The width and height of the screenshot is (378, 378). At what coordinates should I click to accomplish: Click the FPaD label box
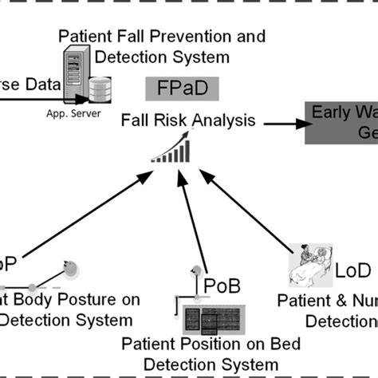point(180,86)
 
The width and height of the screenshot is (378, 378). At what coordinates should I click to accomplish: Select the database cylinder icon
point(99,91)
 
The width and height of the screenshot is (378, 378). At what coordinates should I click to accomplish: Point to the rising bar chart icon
point(173,149)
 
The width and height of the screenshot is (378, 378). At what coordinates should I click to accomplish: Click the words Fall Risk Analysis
point(188,121)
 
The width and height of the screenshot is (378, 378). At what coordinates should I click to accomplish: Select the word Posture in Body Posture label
point(108,301)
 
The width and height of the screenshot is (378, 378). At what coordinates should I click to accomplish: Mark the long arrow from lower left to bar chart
point(88,215)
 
